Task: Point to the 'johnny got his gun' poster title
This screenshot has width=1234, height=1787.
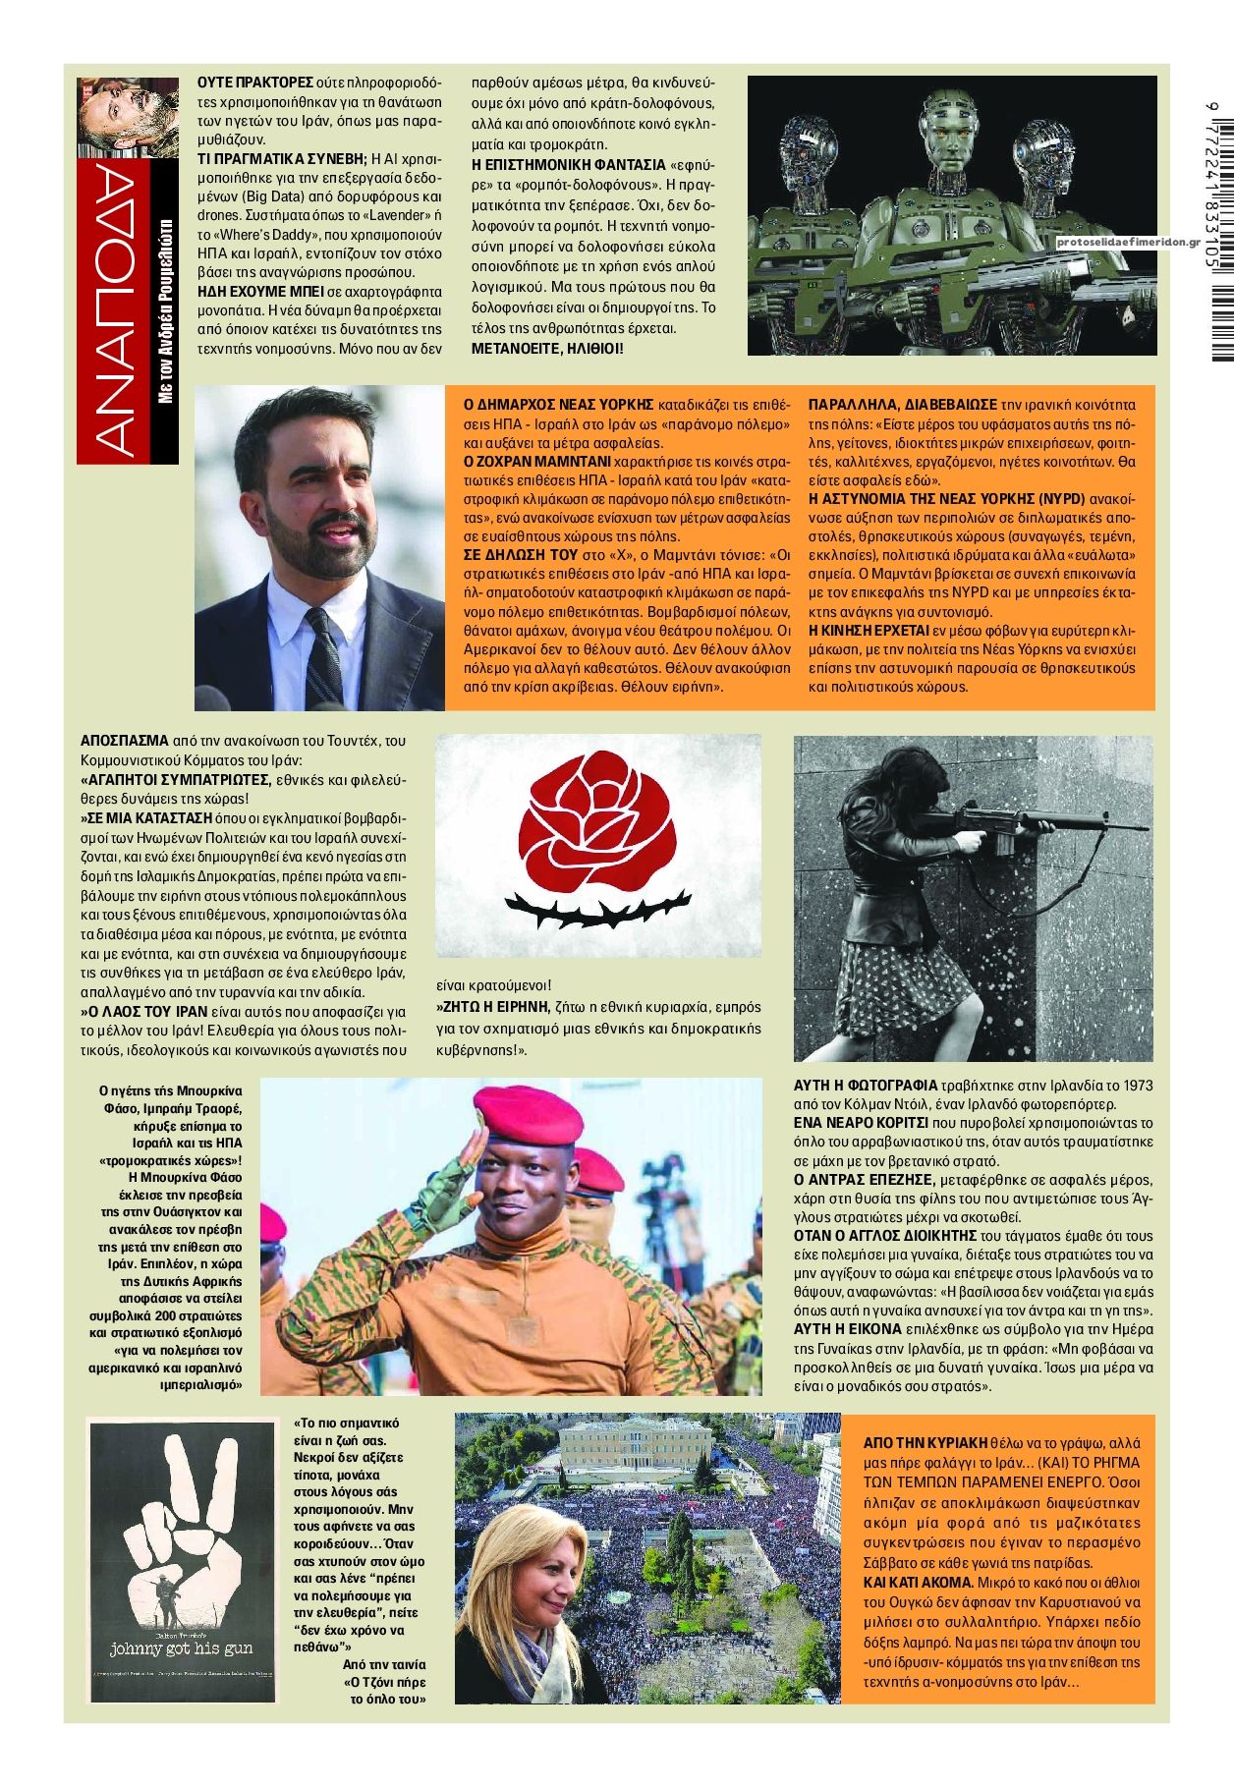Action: point(181,1647)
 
